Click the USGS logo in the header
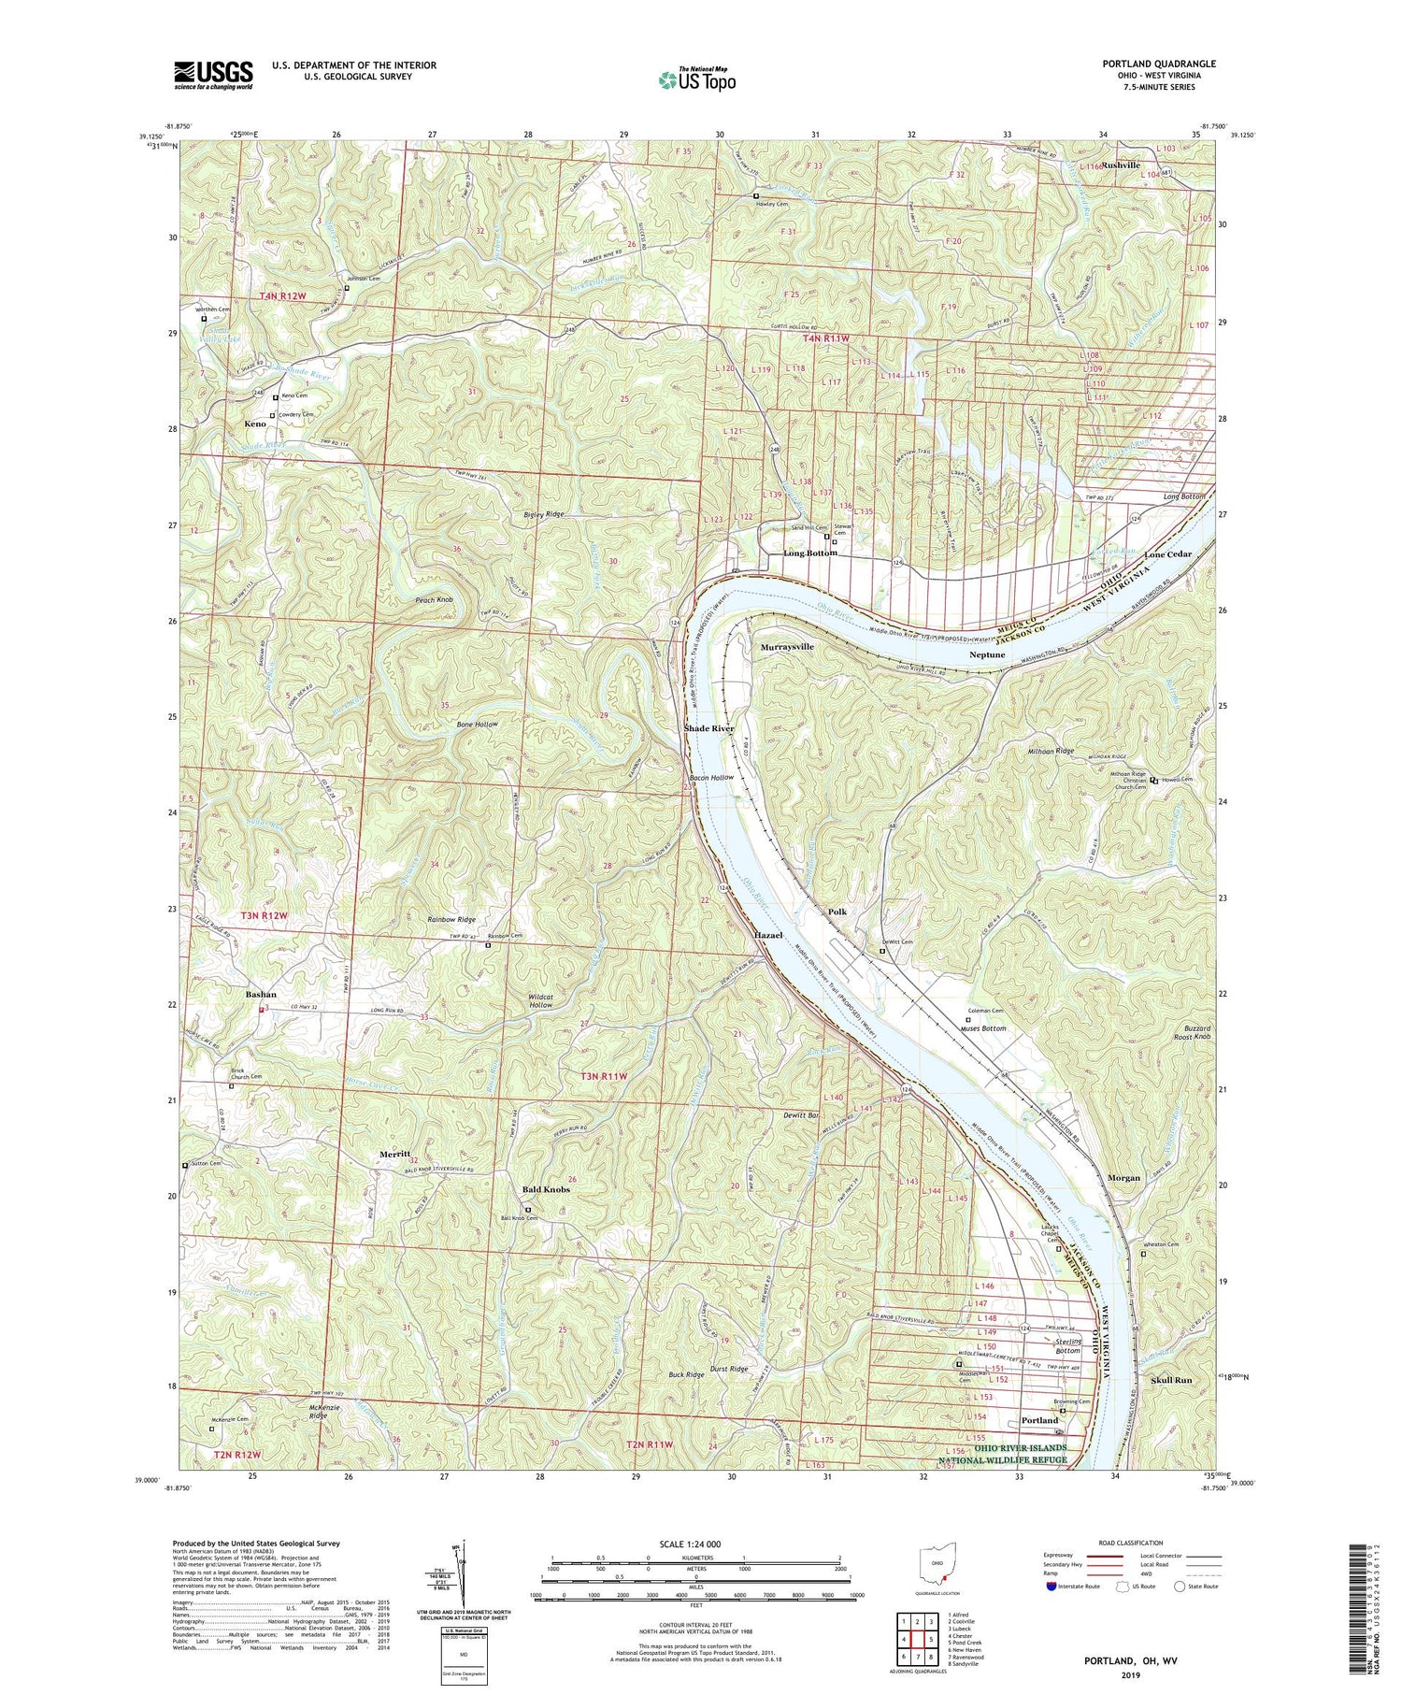click(x=212, y=75)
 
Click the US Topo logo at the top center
click(x=696, y=80)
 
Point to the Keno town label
click(x=255, y=424)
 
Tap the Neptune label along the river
click(x=987, y=655)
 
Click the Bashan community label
click(x=261, y=994)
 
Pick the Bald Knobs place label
click(x=546, y=1190)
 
